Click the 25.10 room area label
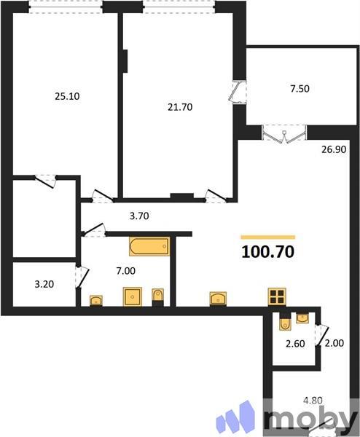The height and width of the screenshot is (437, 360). tap(68, 94)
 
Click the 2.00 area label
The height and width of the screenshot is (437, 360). tap(333, 343)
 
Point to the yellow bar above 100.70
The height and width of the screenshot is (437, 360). tap(267, 237)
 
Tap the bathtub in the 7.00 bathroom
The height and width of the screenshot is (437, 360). tap(149, 247)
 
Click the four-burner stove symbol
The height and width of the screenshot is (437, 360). tap(277, 296)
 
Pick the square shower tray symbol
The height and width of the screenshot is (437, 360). tap(132, 296)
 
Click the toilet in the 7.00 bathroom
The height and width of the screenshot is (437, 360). tap(158, 296)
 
